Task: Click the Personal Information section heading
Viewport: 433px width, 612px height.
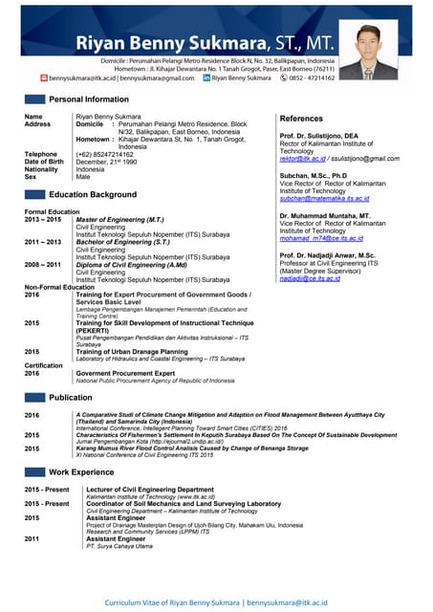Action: [x=89, y=99]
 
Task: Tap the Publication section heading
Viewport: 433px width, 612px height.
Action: [x=71, y=397]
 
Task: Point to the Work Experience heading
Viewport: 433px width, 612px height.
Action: [x=80, y=472]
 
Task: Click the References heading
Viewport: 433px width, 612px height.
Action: [x=302, y=118]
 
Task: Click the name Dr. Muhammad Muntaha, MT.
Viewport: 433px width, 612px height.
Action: [x=325, y=216]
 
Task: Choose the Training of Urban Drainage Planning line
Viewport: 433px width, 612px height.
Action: [x=132, y=352]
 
